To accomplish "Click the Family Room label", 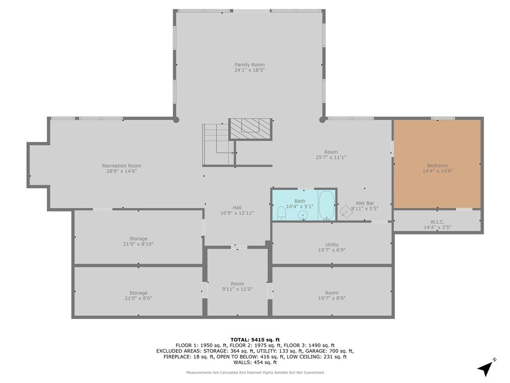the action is (x=250, y=64).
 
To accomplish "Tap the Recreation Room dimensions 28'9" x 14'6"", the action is (x=122, y=171).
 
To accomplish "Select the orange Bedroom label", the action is (x=437, y=166).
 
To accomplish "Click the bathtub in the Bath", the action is (x=327, y=205).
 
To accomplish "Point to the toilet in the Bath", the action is (x=281, y=213).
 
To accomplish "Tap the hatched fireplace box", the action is (x=250, y=129).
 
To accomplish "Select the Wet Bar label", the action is (x=365, y=203).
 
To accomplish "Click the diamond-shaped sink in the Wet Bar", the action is (x=347, y=211).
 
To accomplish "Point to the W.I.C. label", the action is (x=437, y=222).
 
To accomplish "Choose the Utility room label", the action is (x=332, y=244).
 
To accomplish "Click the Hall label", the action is (x=237, y=207).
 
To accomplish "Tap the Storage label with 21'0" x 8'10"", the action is (x=138, y=239).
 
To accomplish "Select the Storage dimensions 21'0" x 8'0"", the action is (x=138, y=298).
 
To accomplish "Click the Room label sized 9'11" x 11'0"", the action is (x=238, y=284).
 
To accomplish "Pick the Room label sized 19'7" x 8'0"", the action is (x=332, y=293).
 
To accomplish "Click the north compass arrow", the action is (x=486, y=369).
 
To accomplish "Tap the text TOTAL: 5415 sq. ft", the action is (x=255, y=340).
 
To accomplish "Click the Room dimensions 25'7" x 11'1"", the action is (x=331, y=157).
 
